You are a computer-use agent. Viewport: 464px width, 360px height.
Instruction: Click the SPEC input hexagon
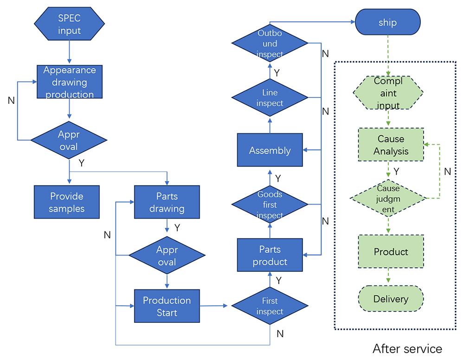[x=69, y=25]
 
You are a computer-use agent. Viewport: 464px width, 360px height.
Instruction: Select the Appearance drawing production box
[x=70, y=82]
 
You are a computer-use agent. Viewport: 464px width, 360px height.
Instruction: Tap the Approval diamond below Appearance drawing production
[x=69, y=140]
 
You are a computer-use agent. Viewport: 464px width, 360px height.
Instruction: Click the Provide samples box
[x=67, y=202]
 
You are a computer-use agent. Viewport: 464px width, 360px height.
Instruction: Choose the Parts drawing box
[x=167, y=202]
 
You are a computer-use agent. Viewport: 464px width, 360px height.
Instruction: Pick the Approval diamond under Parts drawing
[x=167, y=256]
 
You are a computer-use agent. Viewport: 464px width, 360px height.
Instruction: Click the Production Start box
[x=167, y=306]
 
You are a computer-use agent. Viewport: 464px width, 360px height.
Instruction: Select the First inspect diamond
[x=270, y=306]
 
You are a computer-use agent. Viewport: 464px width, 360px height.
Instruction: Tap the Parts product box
[x=270, y=256]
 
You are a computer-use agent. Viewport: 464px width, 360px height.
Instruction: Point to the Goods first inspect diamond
[x=270, y=205]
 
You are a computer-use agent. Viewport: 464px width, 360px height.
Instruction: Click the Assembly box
[x=270, y=150]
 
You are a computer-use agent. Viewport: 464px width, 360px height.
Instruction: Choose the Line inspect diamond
[x=270, y=97]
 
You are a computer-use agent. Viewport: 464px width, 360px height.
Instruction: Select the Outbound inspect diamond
[x=270, y=44]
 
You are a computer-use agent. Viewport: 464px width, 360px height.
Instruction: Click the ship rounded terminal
[x=387, y=23]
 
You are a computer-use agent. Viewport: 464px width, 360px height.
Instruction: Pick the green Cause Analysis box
[x=391, y=145]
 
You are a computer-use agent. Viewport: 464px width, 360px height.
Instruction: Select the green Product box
[x=391, y=251]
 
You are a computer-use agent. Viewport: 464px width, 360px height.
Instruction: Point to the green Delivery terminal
[x=391, y=299]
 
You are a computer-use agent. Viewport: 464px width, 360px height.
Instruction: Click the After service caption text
[x=407, y=348]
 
